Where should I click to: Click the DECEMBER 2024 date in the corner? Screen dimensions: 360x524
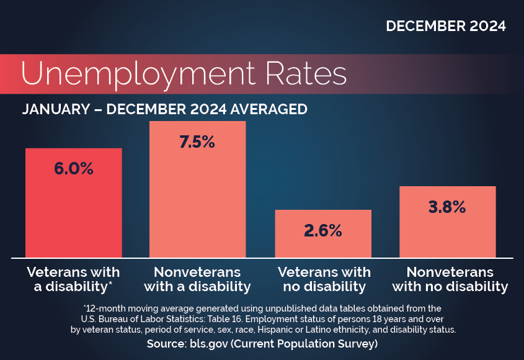[x=445, y=26]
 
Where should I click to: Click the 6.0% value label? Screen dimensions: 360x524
[x=74, y=168]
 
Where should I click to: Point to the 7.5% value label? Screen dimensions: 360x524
[x=197, y=142]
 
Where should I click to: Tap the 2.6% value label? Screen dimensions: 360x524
[x=322, y=230]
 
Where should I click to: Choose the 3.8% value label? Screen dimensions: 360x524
[x=447, y=207]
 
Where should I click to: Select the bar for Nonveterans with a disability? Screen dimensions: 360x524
[x=197, y=199]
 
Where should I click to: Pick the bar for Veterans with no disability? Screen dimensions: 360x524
[x=322, y=245]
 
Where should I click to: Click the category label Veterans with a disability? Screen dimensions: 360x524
[x=73, y=279]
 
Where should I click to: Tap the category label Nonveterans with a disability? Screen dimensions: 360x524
[x=197, y=279]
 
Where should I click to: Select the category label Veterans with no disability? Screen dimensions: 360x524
[x=324, y=279]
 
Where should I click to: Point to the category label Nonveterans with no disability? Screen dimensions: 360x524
[x=450, y=279]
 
